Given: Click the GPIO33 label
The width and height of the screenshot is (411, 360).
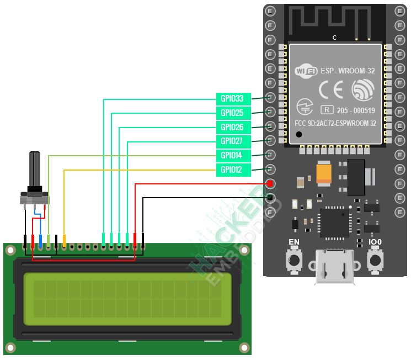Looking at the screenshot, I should (x=232, y=99).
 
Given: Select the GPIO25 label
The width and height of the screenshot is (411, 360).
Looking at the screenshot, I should (x=232, y=113).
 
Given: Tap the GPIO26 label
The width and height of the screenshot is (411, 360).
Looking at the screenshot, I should (x=232, y=127).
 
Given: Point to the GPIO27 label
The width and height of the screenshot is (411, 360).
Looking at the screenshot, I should (x=232, y=141).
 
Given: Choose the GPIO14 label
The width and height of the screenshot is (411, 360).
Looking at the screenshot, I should (x=232, y=155).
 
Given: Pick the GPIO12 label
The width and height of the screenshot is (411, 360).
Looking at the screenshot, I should (x=232, y=170).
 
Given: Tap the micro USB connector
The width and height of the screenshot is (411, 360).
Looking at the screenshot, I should (x=335, y=267).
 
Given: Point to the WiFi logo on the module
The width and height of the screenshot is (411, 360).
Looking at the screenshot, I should (x=306, y=71).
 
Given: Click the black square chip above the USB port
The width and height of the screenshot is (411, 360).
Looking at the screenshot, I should (x=334, y=222).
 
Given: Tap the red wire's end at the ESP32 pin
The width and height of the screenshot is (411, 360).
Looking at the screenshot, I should (x=270, y=183).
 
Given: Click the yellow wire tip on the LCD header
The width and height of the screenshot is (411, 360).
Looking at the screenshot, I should (x=65, y=241).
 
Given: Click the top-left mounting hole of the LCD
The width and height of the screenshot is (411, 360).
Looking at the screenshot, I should (x=10, y=250).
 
